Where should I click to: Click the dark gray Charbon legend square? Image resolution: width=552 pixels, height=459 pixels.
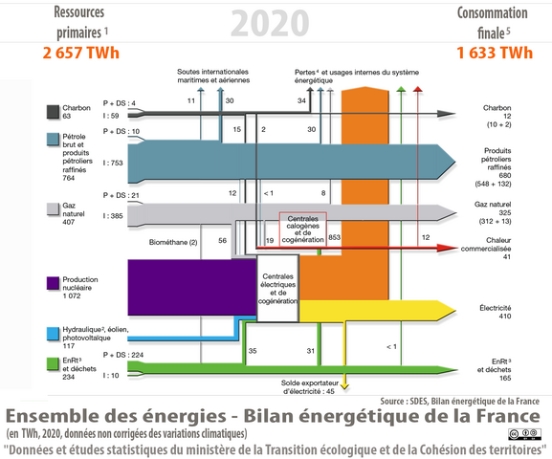coord(55,112)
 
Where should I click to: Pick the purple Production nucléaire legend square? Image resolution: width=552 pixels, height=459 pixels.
coord(55,284)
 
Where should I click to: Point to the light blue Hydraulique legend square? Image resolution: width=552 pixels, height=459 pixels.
coord(55,332)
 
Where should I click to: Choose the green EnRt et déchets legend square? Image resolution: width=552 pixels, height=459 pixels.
coord(55,362)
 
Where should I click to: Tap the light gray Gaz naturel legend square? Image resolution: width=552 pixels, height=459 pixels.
coord(55,207)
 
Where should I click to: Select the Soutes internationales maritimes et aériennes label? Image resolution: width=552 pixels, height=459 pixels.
coord(214,76)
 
